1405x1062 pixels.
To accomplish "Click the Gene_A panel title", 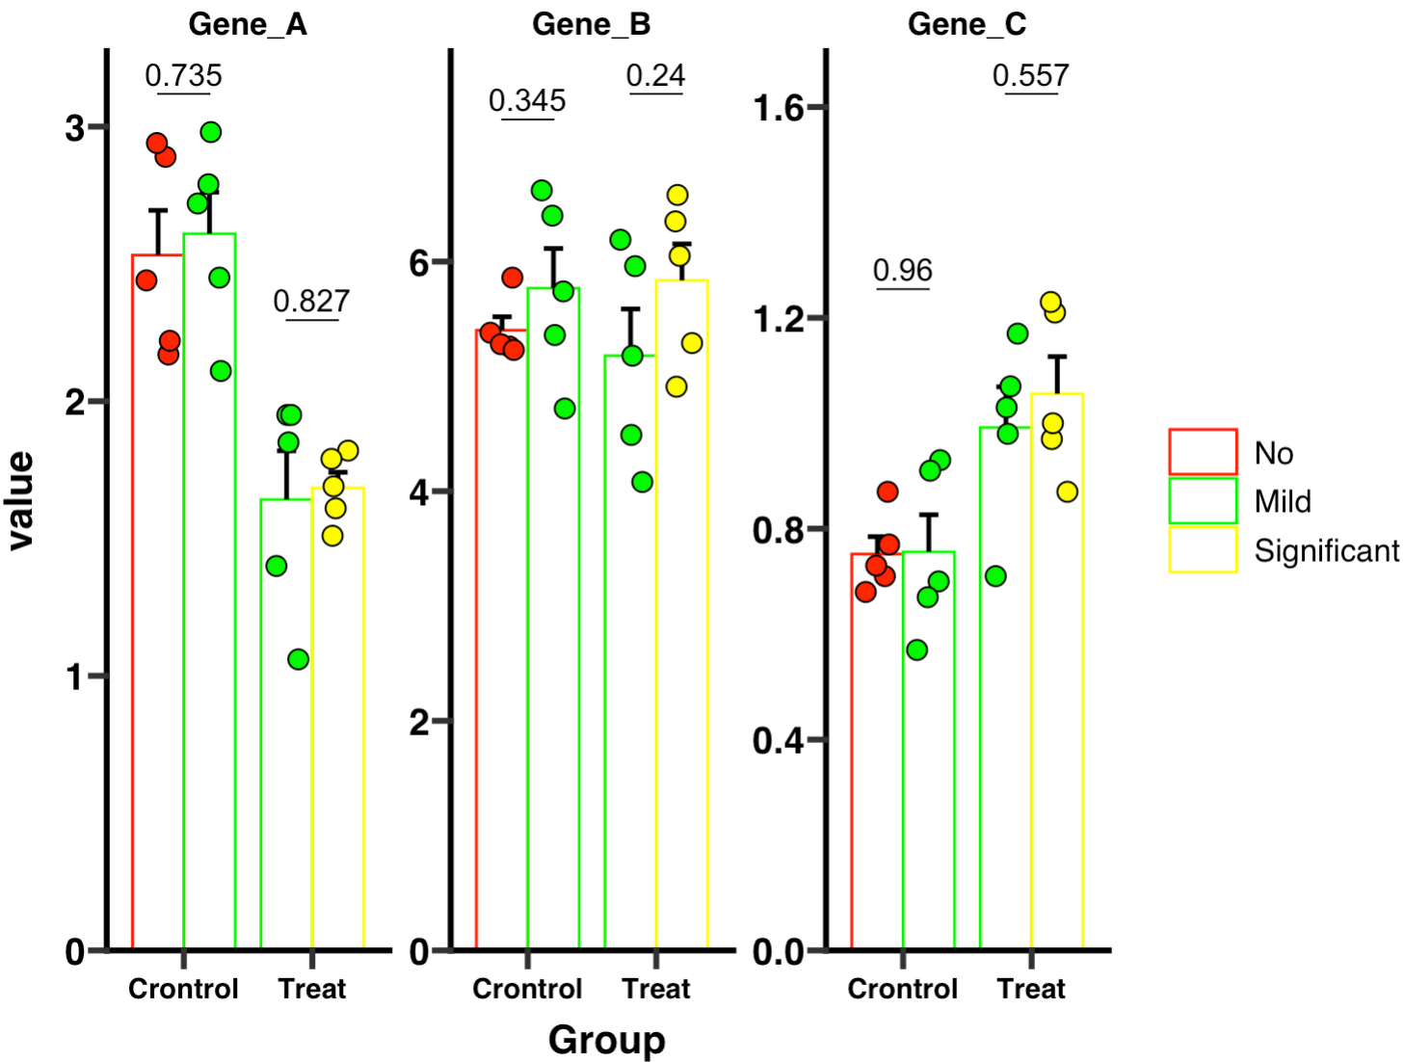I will (248, 24).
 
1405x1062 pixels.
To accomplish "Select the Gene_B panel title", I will (591, 24).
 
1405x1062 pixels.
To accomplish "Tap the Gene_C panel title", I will (967, 24).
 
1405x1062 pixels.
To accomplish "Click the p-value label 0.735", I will (183, 75).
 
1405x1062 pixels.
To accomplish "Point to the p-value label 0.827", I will (311, 301).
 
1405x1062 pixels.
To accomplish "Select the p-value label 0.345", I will (527, 100).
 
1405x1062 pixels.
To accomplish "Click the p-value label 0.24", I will (655, 75).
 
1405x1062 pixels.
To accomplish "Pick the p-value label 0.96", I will (903, 270).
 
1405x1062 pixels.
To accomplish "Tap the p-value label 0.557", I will (1030, 75).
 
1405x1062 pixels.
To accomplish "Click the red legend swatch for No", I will (1203, 452).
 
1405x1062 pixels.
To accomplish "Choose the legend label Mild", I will (1283, 501).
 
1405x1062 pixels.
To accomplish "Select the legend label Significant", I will (1326, 550).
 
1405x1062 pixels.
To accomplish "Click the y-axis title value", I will (20, 500).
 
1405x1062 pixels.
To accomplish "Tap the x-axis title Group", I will (606, 1040).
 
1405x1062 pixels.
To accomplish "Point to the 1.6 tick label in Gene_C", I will (778, 108).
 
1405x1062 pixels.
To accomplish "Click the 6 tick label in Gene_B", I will (418, 262).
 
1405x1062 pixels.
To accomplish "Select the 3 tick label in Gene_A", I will (74, 127).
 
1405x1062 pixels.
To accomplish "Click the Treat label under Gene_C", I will (1031, 989).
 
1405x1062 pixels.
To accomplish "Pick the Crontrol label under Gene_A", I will (183, 989).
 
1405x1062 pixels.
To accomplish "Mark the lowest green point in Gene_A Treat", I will (298, 659).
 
